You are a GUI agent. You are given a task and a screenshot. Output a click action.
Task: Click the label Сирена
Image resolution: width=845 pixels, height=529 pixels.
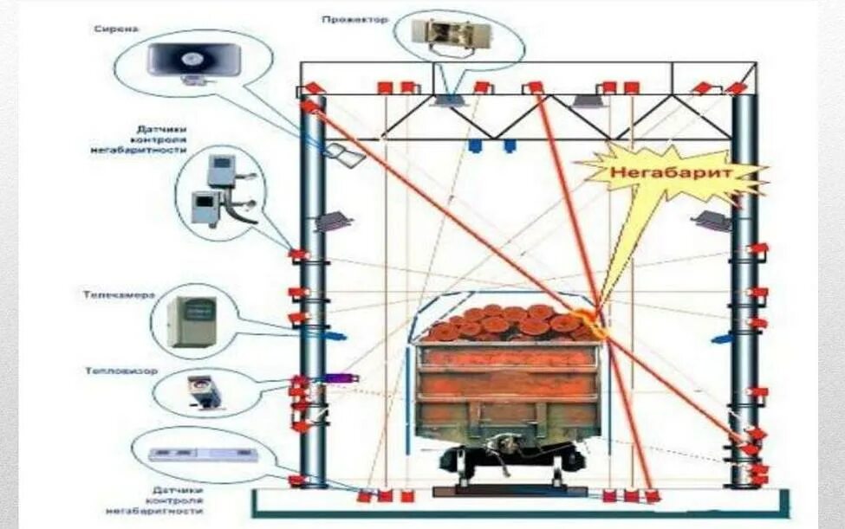[x=116, y=29]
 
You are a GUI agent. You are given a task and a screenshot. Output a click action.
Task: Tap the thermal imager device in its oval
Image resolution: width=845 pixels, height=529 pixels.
[x=204, y=390]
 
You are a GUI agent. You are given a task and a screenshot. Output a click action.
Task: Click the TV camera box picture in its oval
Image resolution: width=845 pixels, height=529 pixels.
[x=192, y=321]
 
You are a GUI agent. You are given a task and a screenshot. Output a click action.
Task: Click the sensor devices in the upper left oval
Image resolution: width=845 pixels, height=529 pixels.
[x=220, y=189]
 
